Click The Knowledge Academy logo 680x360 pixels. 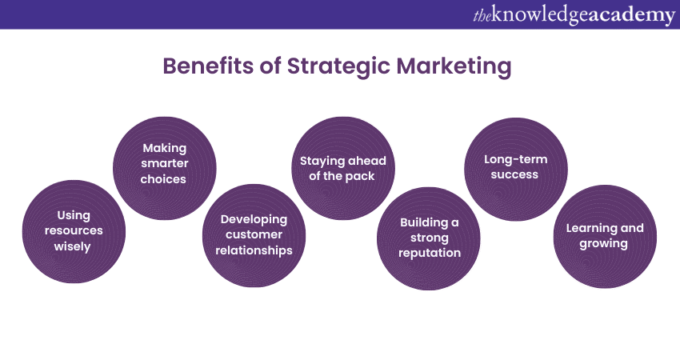point(574,15)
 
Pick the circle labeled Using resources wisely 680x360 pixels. point(74,232)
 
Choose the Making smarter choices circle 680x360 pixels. point(164,168)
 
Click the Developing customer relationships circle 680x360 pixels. point(254,235)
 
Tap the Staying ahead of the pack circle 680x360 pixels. point(343,168)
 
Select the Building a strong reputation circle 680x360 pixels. point(429,238)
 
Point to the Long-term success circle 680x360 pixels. point(516,169)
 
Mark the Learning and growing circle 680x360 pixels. point(605,236)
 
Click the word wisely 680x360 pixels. point(73,246)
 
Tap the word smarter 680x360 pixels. point(165,163)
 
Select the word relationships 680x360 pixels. point(254,250)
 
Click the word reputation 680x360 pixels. point(430,254)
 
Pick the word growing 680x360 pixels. point(604,244)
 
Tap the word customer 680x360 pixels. point(254,234)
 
